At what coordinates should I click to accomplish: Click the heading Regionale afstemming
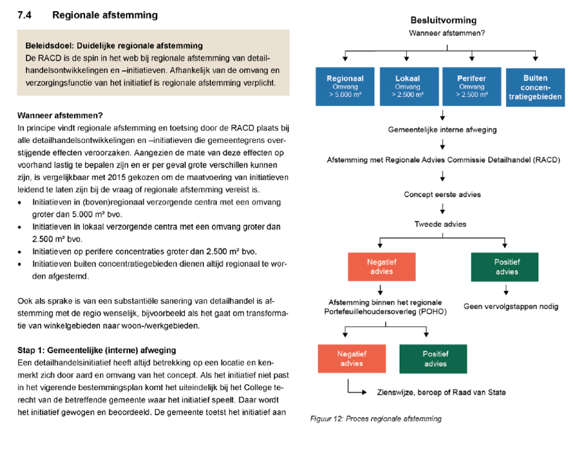pyautogui.click(x=105, y=14)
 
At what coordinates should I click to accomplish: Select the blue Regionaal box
pyautogui.click(x=345, y=87)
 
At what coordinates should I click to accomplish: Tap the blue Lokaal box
pyautogui.click(x=407, y=87)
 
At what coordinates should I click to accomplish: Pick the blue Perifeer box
pyautogui.click(x=471, y=87)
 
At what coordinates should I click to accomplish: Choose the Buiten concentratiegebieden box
pyautogui.click(x=535, y=87)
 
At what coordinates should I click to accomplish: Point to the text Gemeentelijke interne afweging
pyautogui.click(x=442, y=130)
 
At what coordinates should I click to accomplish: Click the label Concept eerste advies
pyautogui.click(x=442, y=194)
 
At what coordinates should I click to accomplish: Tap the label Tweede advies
pyautogui.click(x=442, y=223)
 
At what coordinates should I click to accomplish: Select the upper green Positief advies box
pyautogui.click(x=507, y=266)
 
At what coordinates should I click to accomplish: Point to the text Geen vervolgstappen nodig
pyautogui.click(x=511, y=306)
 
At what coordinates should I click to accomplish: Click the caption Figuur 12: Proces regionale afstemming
pyautogui.click(x=376, y=419)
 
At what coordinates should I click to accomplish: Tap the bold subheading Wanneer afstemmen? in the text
pyautogui.click(x=60, y=115)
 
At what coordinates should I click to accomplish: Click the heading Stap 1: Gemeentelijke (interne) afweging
pyautogui.click(x=96, y=350)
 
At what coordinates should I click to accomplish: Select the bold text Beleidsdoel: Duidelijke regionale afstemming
pyautogui.click(x=114, y=45)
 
